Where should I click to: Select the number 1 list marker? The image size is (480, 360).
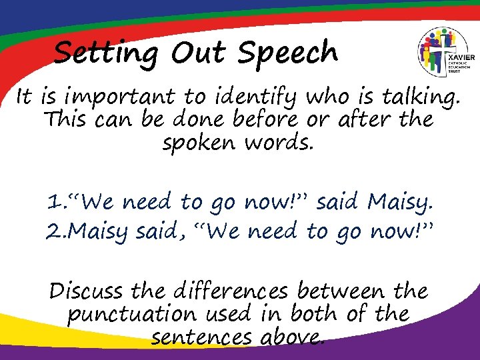click(x=53, y=202)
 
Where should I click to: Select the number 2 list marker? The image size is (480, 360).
click(x=53, y=231)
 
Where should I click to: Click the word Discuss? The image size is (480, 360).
click(x=86, y=291)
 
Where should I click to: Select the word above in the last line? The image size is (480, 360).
click(x=289, y=337)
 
